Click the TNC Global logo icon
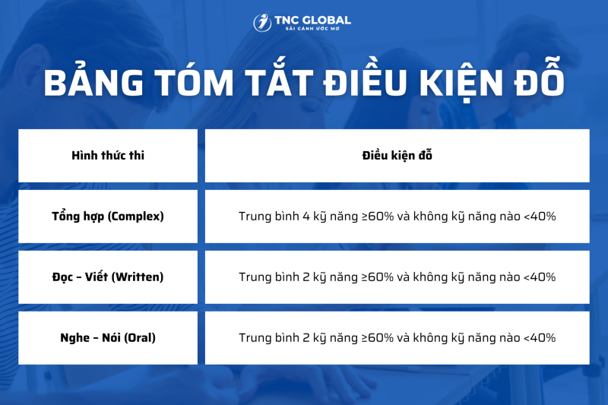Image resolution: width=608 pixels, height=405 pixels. pos(262,23)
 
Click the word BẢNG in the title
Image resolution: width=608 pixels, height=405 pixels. pos(93,81)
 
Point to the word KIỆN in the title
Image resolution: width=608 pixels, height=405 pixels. pos(462,81)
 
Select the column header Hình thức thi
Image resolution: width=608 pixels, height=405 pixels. pos(108,156)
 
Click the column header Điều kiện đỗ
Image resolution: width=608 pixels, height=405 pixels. pos(397,156)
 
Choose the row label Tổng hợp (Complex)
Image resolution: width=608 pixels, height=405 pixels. pos(108,217)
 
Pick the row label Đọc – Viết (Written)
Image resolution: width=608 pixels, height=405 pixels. pos(108,277)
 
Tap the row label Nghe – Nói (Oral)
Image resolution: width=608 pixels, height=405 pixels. pos(108,337)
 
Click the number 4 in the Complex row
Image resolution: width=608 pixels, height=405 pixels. pos(306,217)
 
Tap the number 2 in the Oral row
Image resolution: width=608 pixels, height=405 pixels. pos(306,337)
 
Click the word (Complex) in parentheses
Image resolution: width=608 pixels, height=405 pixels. pos(135,217)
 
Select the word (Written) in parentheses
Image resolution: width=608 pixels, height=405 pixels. pos(138,277)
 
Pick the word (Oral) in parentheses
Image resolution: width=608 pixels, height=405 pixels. pos(140,337)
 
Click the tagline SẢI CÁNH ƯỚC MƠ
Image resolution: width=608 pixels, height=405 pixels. pos(312,29)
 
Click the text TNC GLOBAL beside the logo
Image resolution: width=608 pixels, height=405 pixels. pos(312,20)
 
